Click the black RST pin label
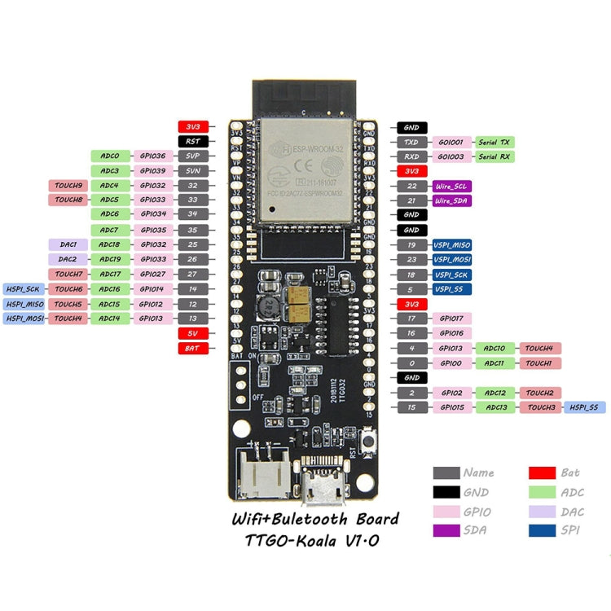coord(194,141)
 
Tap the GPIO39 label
coord(152,170)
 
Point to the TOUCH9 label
coord(68,186)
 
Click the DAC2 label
coord(68,259)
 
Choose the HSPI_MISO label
coord(24,304)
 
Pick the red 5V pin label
coord(194,333)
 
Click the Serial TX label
coord(494,142)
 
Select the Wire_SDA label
coord(451,200)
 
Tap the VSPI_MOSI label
coord(451,259)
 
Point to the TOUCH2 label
coord(538,392)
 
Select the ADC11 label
coord(495,363)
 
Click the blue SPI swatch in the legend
coord(541,530)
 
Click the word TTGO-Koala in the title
coord(292,540)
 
